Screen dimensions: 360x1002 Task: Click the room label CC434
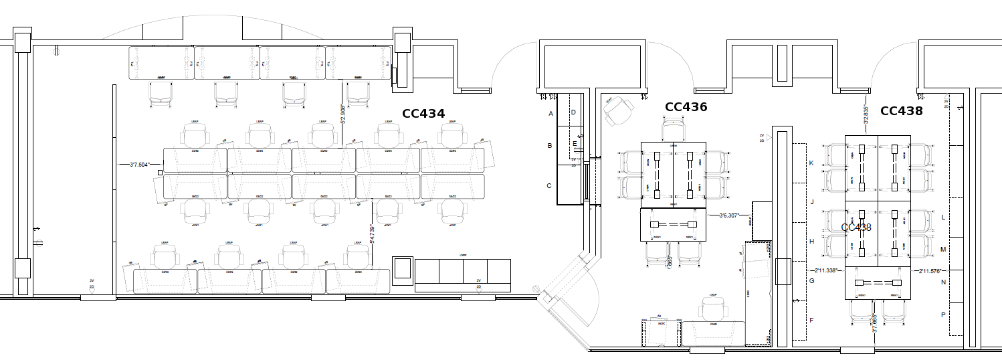pos(423,114)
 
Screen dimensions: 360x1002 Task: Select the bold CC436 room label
pos(686,107)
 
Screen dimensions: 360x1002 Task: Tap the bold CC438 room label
pos(901,111)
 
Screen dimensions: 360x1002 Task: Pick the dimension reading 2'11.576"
pos(930,270)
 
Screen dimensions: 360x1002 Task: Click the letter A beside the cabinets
pos(550,114)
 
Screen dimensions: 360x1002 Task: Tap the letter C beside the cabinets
pos(549,186)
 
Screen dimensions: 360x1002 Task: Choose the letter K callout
pos(811,164)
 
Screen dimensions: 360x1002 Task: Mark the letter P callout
pos(943,314)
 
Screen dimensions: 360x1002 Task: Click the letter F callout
pos(811,321)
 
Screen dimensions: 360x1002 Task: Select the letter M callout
pos(943,250)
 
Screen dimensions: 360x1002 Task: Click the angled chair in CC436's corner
pos(619,110)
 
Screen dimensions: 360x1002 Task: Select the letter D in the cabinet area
pos(573,112)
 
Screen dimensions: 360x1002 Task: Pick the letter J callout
pos(811,201)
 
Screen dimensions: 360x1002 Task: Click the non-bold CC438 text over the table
pos(856,228)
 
